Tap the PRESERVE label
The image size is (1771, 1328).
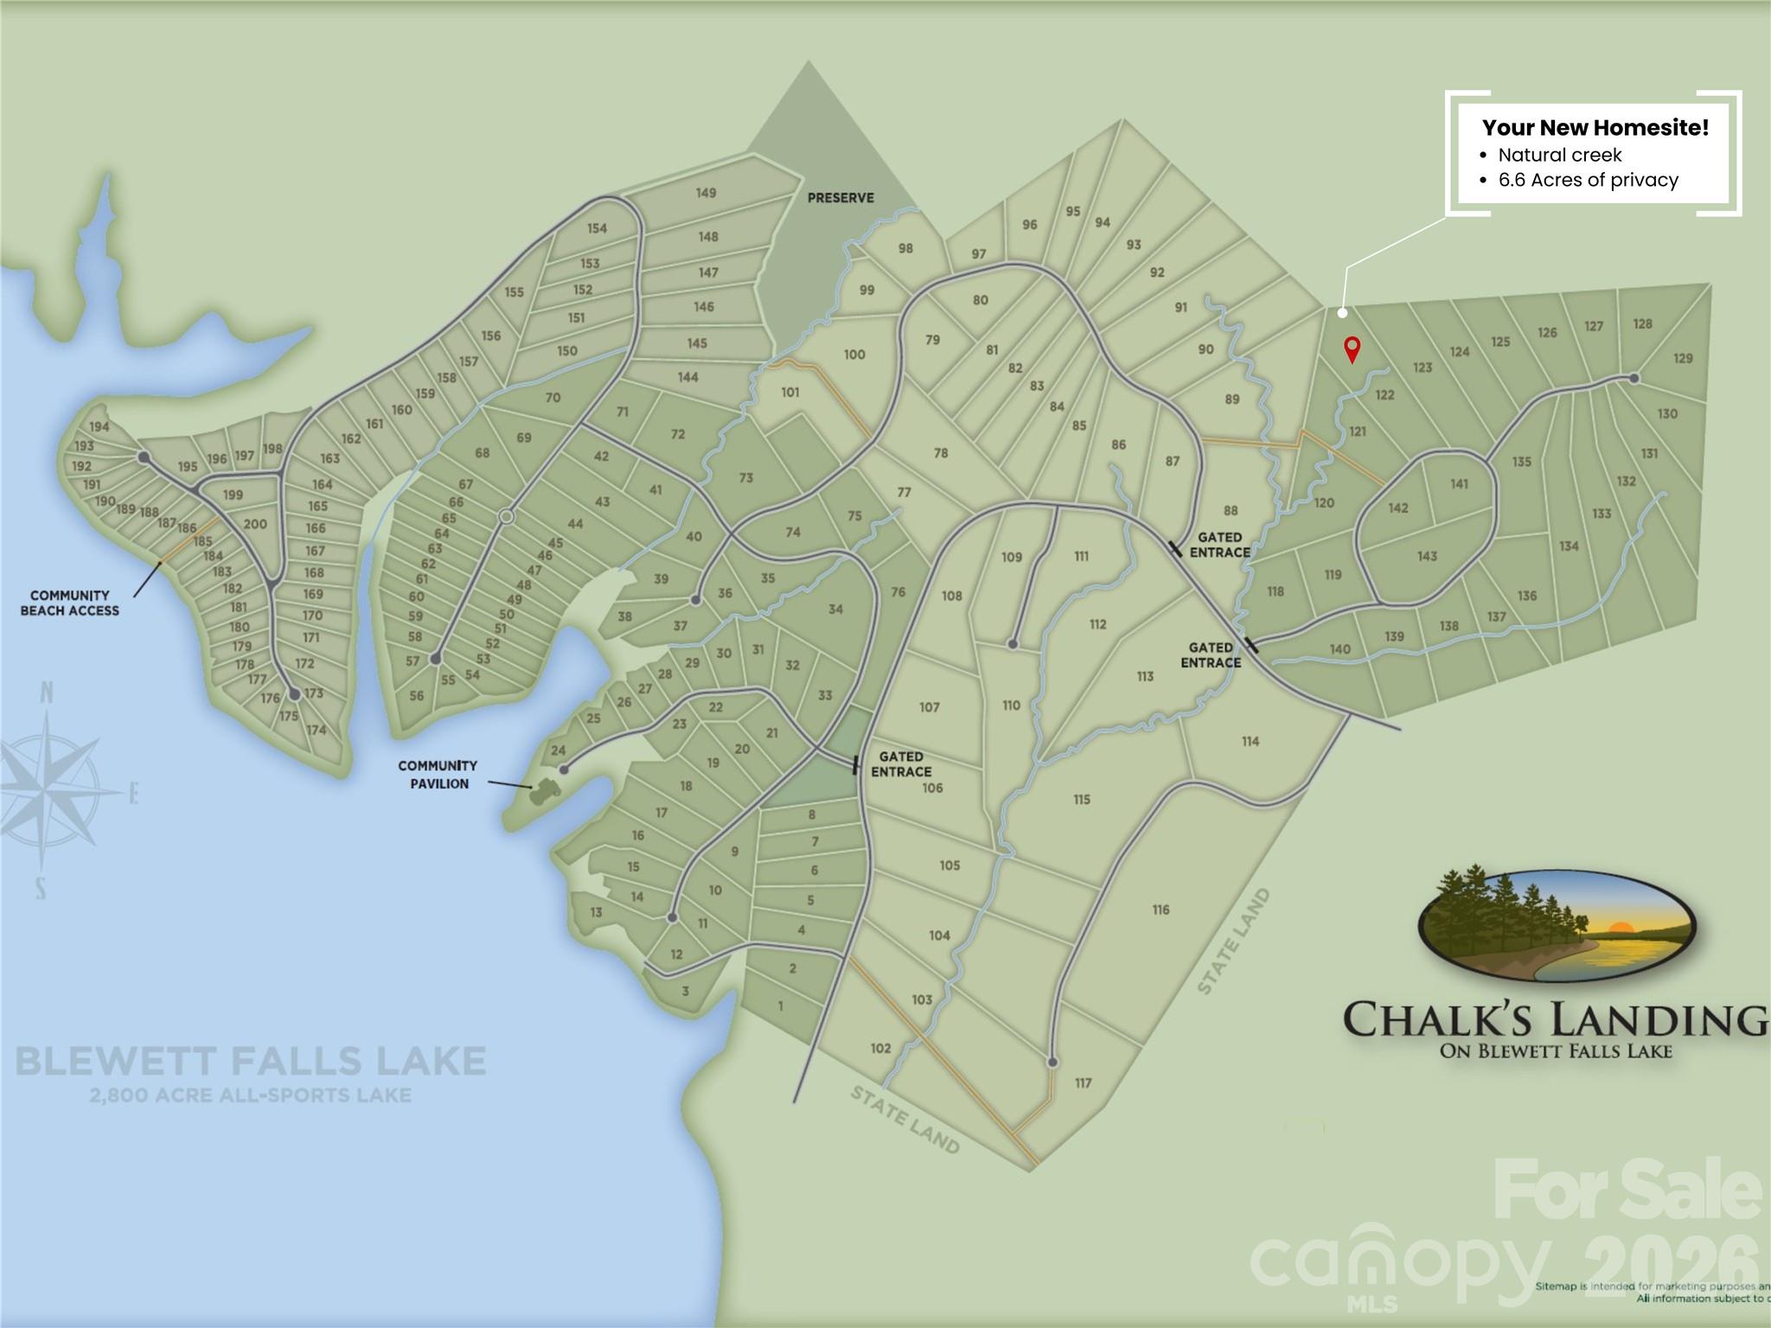pyautogui.click(x=841, y=198)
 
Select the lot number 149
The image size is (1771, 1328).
pyautogui.click(x=706, y=193)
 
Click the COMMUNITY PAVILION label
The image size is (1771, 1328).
pyautogui.click(x=438, y=775)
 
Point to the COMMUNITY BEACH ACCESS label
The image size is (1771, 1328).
pyautogui.click(x=70, y=603)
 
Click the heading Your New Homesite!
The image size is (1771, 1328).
pyautogui.click(x=1595, y=128)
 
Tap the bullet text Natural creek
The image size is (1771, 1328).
pyautogui.click(x=1559, y=156)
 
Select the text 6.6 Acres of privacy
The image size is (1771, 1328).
pyautogui.click(x=1588, y=181)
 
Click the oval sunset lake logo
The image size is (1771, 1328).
pyautogui.click(x=1557, y=926)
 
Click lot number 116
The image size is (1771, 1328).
pyautogui.click(x=1160, y=910)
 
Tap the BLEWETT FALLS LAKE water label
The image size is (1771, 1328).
pyautogui.click(x=251, y=1061)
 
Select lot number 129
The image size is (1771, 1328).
pyautogui.click(x=1683, y=358)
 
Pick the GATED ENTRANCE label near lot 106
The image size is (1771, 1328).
pyautogui.click(x=901, y=764)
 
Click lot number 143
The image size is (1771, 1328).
pyautogui.click(x=1427, y=556)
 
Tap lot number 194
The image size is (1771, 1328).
pyautogui.click(x=99, y=426)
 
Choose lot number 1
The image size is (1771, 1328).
pyautogui.click(x=781, y=1006)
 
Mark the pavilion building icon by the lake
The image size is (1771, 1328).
pyautogui.click(x=545, y=788)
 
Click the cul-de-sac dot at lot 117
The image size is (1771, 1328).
pyautogui.click(x=1052, y=1062)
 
